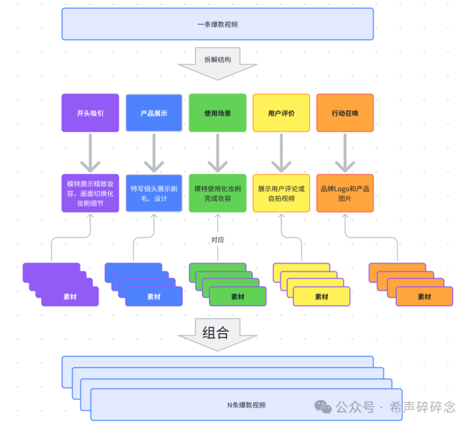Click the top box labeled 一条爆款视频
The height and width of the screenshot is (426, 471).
[x=218, y=24]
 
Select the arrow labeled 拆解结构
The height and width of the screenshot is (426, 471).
[x=218, y=62]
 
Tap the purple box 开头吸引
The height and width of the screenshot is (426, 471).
[x=90, y=113]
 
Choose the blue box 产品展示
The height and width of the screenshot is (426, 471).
[x=154, y=113]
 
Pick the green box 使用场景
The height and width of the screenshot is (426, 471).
[x=218, y=113]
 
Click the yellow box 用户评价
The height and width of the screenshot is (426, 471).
[x=281, y=113]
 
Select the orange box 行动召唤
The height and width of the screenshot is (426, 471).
[x=345, y=113]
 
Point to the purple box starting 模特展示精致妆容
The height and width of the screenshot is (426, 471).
[x=90, y=193]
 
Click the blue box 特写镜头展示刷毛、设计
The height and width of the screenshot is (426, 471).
[x=154, y=193]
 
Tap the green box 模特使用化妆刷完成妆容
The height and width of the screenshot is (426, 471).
[x=218, y=193]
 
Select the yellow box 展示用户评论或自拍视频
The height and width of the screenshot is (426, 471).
[x=281, y=193]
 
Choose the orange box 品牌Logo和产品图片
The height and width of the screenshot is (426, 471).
[x=345, y=193]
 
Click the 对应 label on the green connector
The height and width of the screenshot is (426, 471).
[x=218, y=240]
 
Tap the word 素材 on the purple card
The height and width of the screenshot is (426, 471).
[x=70, y=297]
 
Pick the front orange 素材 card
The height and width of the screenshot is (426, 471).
[x=424, y=297]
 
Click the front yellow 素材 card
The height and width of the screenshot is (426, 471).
[x=322, y=297]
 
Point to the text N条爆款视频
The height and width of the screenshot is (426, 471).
[x=246, y=405]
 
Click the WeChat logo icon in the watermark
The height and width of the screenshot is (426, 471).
[x=323, y=407]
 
